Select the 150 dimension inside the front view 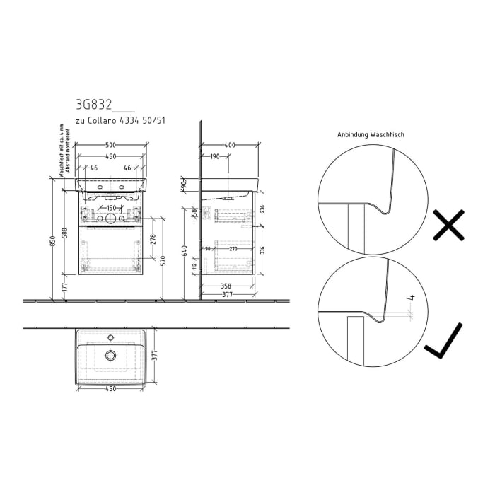click(x=111, y=208)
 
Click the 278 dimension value click(x=153, y=239)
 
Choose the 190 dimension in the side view click(x=214, y=156)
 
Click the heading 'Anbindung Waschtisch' click(x=371, y=134)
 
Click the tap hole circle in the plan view click(x=110, y=355)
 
